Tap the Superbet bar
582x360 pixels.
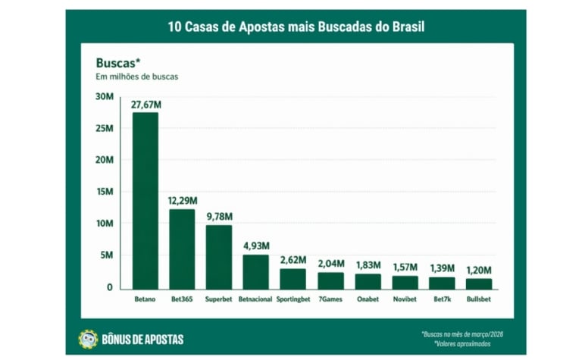point(219,256)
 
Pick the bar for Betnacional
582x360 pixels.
point(255,271)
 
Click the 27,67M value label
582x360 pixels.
point(145,103)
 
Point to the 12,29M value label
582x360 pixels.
point(182,201)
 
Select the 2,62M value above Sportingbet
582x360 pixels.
point(293,260)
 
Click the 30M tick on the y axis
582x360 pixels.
point(105,96)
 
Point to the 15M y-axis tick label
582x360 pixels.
point(105,192)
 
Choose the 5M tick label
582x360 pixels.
point(107,255)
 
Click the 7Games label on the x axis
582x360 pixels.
point(330,299)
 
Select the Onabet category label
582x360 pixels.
point(367,299)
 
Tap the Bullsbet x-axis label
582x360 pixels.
point(478,299)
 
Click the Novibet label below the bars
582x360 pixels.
point(404,299)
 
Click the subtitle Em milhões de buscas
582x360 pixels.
point(136,77)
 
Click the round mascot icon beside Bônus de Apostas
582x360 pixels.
point(88,339)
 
